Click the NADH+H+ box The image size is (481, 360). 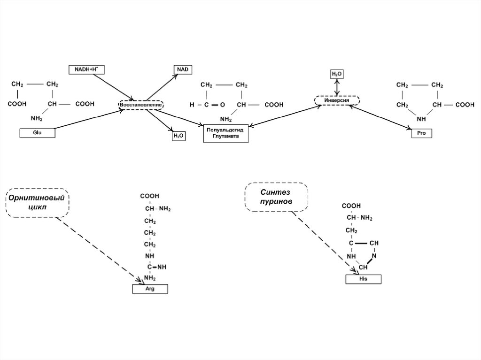point(86,69)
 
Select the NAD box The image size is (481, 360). point(183,69)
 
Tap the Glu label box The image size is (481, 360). point(38,133)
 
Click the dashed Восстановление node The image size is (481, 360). point(140,105)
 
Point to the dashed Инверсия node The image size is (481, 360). point(336,100)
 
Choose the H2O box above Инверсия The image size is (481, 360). point(337,74)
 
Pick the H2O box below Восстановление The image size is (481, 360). point(179,136)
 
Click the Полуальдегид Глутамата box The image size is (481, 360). point(225,133)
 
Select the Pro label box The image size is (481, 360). point(421,133)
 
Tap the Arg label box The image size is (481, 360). point(150,289)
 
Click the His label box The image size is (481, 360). point(363,279)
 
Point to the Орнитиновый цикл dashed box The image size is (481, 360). point(38,203)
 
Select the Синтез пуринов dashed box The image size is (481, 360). point(276,197)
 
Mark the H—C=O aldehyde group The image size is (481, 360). point(207,105)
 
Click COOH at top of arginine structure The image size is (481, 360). point(149,196)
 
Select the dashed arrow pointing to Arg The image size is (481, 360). point(99,249)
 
